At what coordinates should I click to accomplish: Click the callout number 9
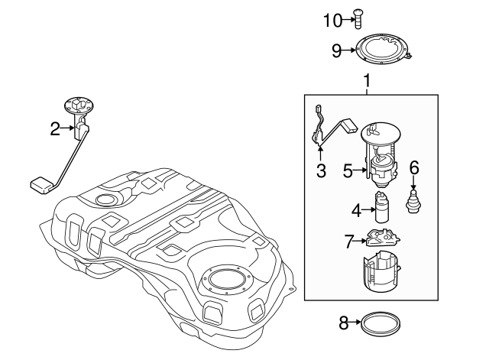(336, 51)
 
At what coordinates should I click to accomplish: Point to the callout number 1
(367, 80)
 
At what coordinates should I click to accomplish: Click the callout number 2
(55, 129)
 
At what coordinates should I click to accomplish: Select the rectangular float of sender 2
(39, 183)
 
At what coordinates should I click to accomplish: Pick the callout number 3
(321, 172)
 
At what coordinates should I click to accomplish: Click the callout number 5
(348, 172)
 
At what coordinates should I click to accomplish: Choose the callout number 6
(415, 167)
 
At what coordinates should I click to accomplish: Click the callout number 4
(355, 209)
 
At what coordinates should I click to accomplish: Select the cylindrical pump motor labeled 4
(381, 209)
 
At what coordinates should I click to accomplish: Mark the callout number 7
(349, 242)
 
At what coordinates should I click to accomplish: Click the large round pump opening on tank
(227, 281)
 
